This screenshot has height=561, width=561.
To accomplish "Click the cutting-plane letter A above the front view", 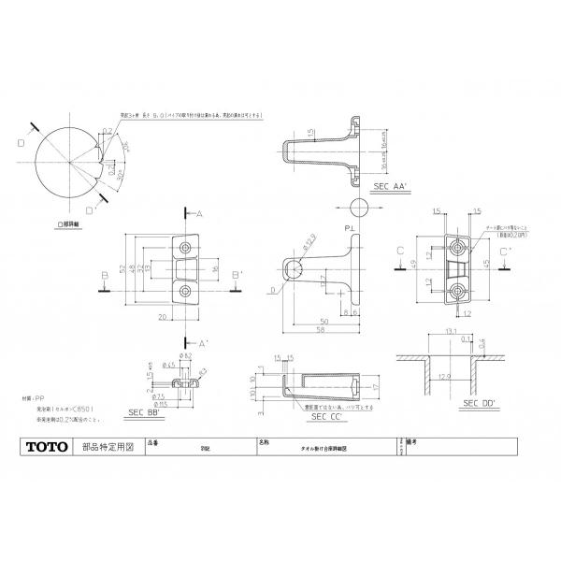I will [199, 214].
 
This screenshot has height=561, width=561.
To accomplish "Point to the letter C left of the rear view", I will [398, 251].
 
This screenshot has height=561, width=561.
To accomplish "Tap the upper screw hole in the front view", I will [185, 248].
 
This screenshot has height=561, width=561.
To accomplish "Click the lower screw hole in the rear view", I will [458, 291].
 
